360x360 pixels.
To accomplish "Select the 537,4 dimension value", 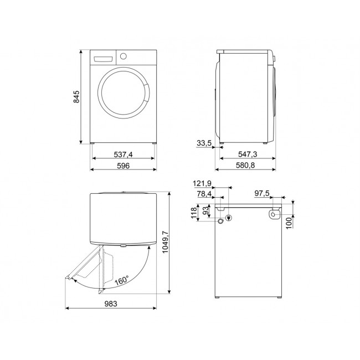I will point(123,155).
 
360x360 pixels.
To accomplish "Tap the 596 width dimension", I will point(123,167).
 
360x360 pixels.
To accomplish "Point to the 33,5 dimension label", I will point(205,143).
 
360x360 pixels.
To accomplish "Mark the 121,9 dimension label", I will point(202,183).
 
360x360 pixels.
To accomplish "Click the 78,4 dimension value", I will point(203,194).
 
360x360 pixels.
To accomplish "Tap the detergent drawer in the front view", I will point(103,58).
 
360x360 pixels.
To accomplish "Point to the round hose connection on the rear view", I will point(222,220).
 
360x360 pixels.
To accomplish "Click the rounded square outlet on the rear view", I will point(273,214).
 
